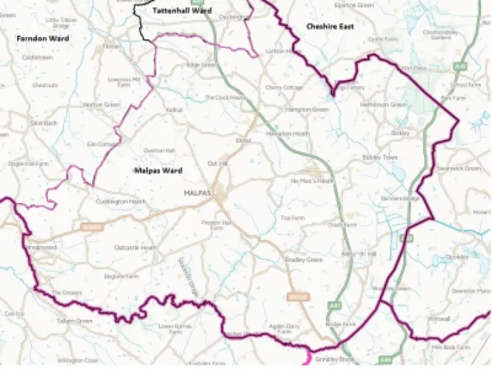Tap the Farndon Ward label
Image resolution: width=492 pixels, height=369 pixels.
click(x=43, y=39)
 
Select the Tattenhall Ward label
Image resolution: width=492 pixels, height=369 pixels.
click(x=182, y=12)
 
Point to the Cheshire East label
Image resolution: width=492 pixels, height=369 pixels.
click(x=330, y=27)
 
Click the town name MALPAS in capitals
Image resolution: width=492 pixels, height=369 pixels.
click(x=197, y=193)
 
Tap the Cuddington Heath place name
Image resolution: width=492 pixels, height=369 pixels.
click(x=120, y=202)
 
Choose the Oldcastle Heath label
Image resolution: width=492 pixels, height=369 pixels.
click(x=136, y=247)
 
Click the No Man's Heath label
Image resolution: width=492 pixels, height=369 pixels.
click(x=312, y=181)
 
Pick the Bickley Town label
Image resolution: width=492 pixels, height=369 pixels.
click(x=380, y=157)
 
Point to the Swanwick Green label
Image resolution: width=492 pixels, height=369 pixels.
click(x=459, y=168)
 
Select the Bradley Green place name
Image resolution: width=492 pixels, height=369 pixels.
click(x=303, y=260)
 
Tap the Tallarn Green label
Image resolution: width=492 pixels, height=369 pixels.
click(x=74, y=320)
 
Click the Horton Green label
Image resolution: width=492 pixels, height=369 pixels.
click(x=102, y=105)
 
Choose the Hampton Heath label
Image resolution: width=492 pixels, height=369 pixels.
click(x=288, y=134)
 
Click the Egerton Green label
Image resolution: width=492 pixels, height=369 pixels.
click(x=354, y=5)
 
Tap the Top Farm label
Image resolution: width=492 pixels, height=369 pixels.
click(x=292, y=218)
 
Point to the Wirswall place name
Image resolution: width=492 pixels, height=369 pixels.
click(x=438, y=318)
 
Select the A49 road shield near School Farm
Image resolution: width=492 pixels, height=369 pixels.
click(x=461, y=67)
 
